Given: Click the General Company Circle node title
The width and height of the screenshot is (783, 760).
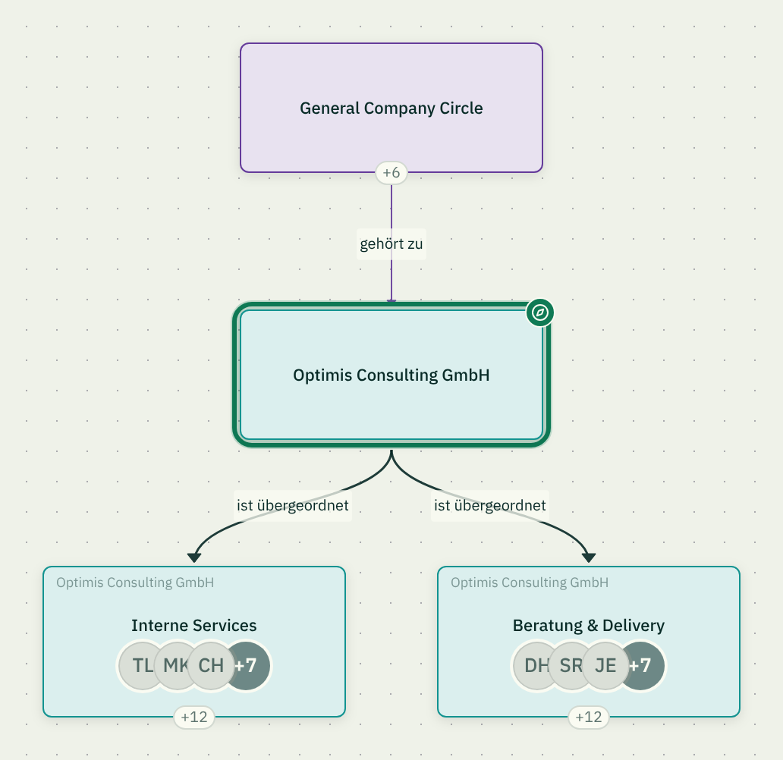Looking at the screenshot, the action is point(391,108).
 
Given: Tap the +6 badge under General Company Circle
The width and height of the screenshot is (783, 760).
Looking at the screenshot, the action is point(391,173).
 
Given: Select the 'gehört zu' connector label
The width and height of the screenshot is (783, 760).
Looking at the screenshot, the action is point(391,243).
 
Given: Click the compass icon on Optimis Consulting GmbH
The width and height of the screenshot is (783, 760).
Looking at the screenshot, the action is point(539,312).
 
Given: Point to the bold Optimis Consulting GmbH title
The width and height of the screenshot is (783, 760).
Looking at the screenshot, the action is point(391,375).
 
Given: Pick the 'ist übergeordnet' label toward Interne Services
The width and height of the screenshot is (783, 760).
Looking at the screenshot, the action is point(293,505).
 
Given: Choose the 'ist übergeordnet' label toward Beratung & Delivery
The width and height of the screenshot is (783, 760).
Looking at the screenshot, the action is point(490,505).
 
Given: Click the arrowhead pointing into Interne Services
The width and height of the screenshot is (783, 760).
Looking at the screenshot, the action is point(193,557).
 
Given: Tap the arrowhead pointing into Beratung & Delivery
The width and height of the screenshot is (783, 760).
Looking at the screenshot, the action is point(589,557).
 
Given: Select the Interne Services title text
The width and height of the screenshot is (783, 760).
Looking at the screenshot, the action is point(193,625).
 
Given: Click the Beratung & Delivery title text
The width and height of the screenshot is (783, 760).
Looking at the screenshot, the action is point(589,625).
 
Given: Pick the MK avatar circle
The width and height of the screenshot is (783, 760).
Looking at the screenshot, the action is point(172,666).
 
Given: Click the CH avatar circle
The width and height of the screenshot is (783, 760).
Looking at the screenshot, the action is point(211,666).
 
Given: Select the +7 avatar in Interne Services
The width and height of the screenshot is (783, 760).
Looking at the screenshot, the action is point(250,666).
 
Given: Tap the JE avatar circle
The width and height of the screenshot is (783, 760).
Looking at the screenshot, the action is point(605,666).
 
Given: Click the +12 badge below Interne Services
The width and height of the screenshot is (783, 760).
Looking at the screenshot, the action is point(193,718).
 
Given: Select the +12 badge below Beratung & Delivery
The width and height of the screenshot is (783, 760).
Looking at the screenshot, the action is point(589,718).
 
